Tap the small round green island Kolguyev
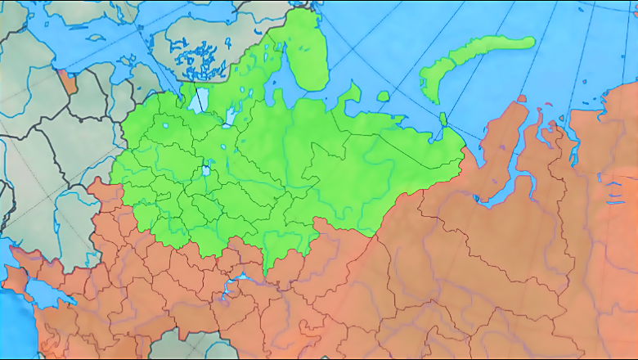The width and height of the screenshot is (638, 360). click(x=382, y=96)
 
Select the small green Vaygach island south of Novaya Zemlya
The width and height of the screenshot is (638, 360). click(x=443, y=119)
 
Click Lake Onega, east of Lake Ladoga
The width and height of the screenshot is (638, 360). click(x=230, y=117)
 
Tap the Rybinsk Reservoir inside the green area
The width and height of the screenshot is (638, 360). click(x=206, y=171)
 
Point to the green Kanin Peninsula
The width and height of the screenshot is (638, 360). click(x=353, y=92)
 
